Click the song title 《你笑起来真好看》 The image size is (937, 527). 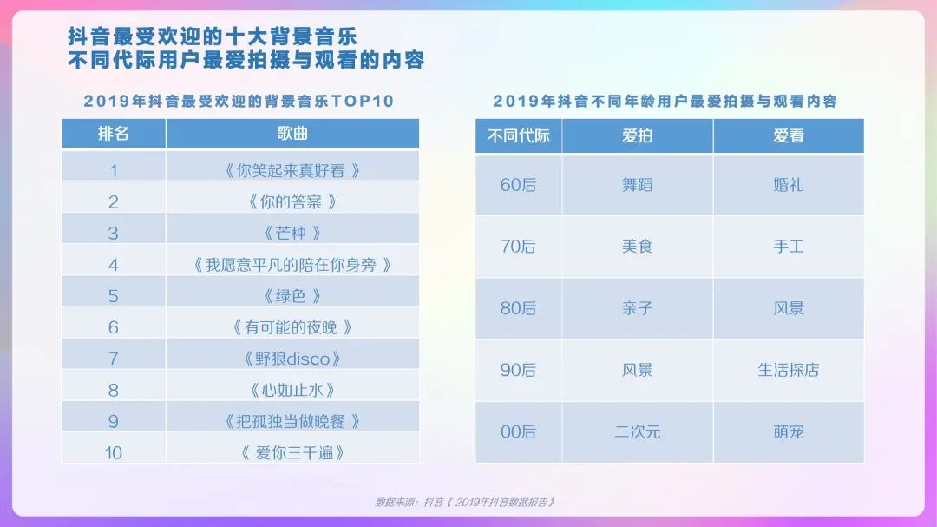(x=292, y=170)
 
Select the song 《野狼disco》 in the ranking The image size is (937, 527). (x=292, y=359)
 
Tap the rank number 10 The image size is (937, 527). (x=114, y=453)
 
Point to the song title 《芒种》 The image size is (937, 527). (x=292, y=233)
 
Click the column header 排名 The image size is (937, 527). (x=114, y=134)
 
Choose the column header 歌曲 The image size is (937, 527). (x=292, y=134)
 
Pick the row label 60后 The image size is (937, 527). (x=518, y=185)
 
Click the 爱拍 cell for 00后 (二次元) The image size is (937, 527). (x=637, y=431)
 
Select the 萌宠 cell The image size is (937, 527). (x=788, y=431)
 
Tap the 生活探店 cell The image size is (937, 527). (x=788, y=370)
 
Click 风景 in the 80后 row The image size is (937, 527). (x=788, y=308)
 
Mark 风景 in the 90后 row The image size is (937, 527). (x=637, y=370)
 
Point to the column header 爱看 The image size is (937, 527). (x=788, y=135)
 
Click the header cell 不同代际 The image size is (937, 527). (x=518, y=135)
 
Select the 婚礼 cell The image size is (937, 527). (x=788, y=185)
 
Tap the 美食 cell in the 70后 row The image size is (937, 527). (x=637, y=247)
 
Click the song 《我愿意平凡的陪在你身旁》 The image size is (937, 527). (x=292, y=265)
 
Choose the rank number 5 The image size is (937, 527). (x=114, y=296)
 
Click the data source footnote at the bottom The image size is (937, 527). (x=465, y=502)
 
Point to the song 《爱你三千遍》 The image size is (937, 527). (x=292, y=453)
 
